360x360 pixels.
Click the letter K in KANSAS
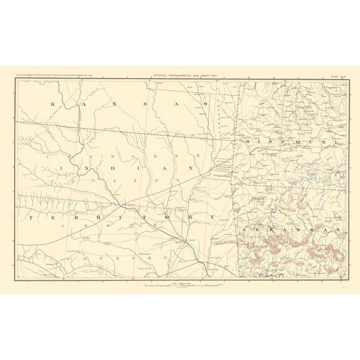(x=53, y=103)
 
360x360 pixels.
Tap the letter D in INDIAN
(x=114, y=168)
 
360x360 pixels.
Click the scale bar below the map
(x=181, y=286)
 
